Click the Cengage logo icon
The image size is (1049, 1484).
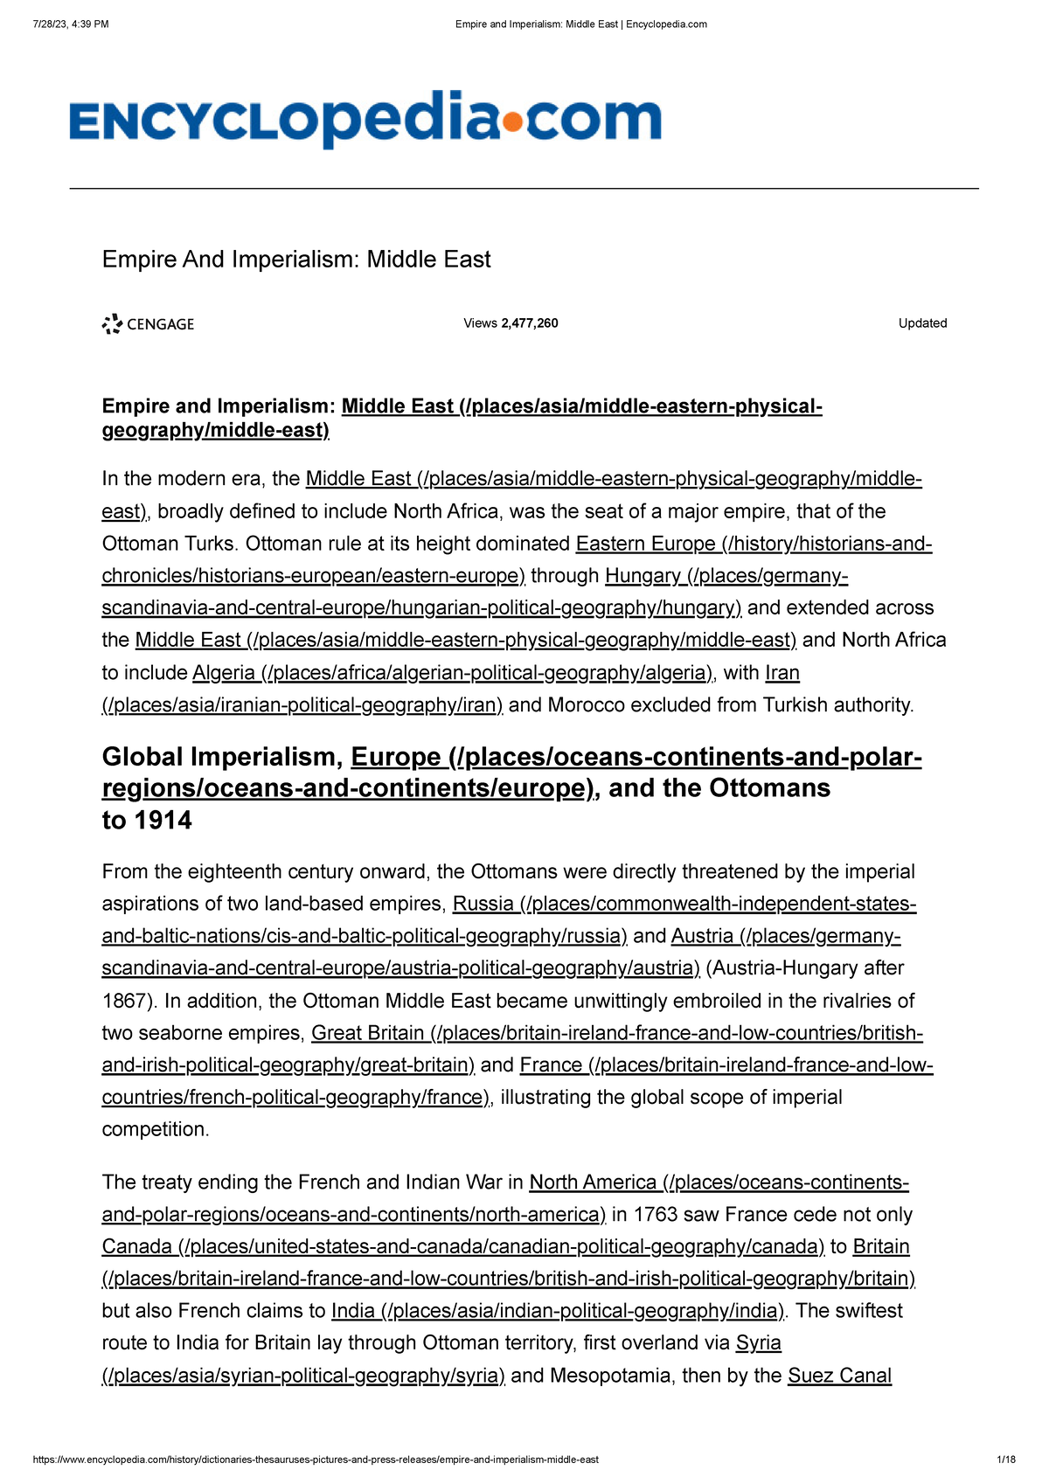tap(112, 324)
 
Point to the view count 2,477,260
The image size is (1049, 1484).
tap(529, 323)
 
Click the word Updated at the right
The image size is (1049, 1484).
tap(922, 323)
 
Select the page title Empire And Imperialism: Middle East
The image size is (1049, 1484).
tap(296, 260)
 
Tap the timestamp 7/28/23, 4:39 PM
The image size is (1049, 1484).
tap(71, 24)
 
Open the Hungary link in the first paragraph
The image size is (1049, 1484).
tap(643, 576)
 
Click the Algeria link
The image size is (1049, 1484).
tap(223, 673)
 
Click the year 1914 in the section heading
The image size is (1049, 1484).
tap(163, 821)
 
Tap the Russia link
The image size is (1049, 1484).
tap(483, 904)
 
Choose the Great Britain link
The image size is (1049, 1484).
tap(368, 1033)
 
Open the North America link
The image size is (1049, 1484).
tap(593, 1182)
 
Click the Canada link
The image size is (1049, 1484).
tap(137, 1247)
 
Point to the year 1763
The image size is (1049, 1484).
tap(655, 1215)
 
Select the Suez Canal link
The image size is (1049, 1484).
tap(839, 1376)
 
